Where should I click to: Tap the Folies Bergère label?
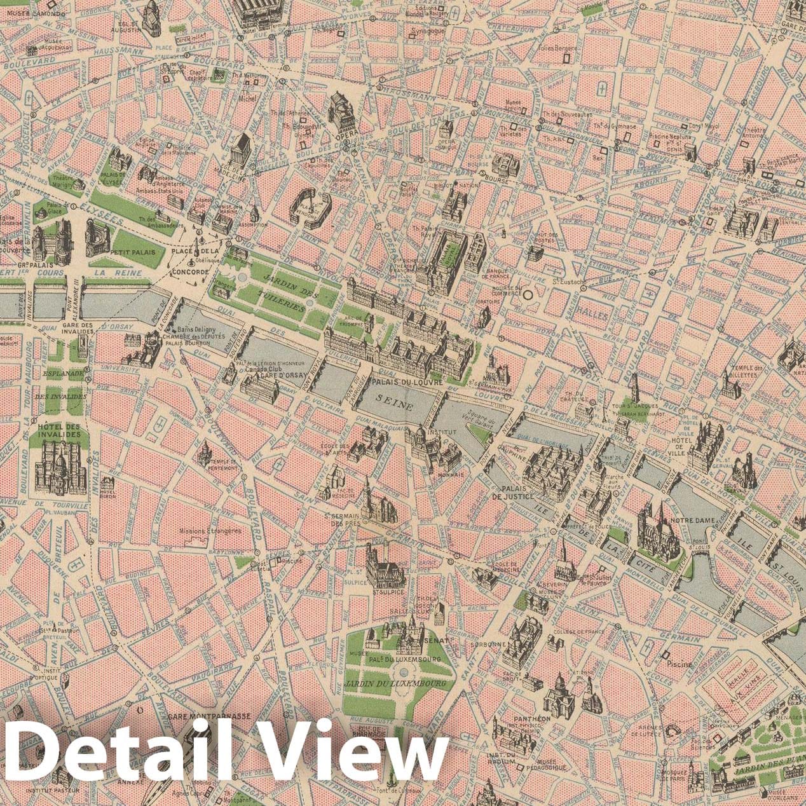[557, 48]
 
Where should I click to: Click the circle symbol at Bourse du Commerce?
[528, 294]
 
